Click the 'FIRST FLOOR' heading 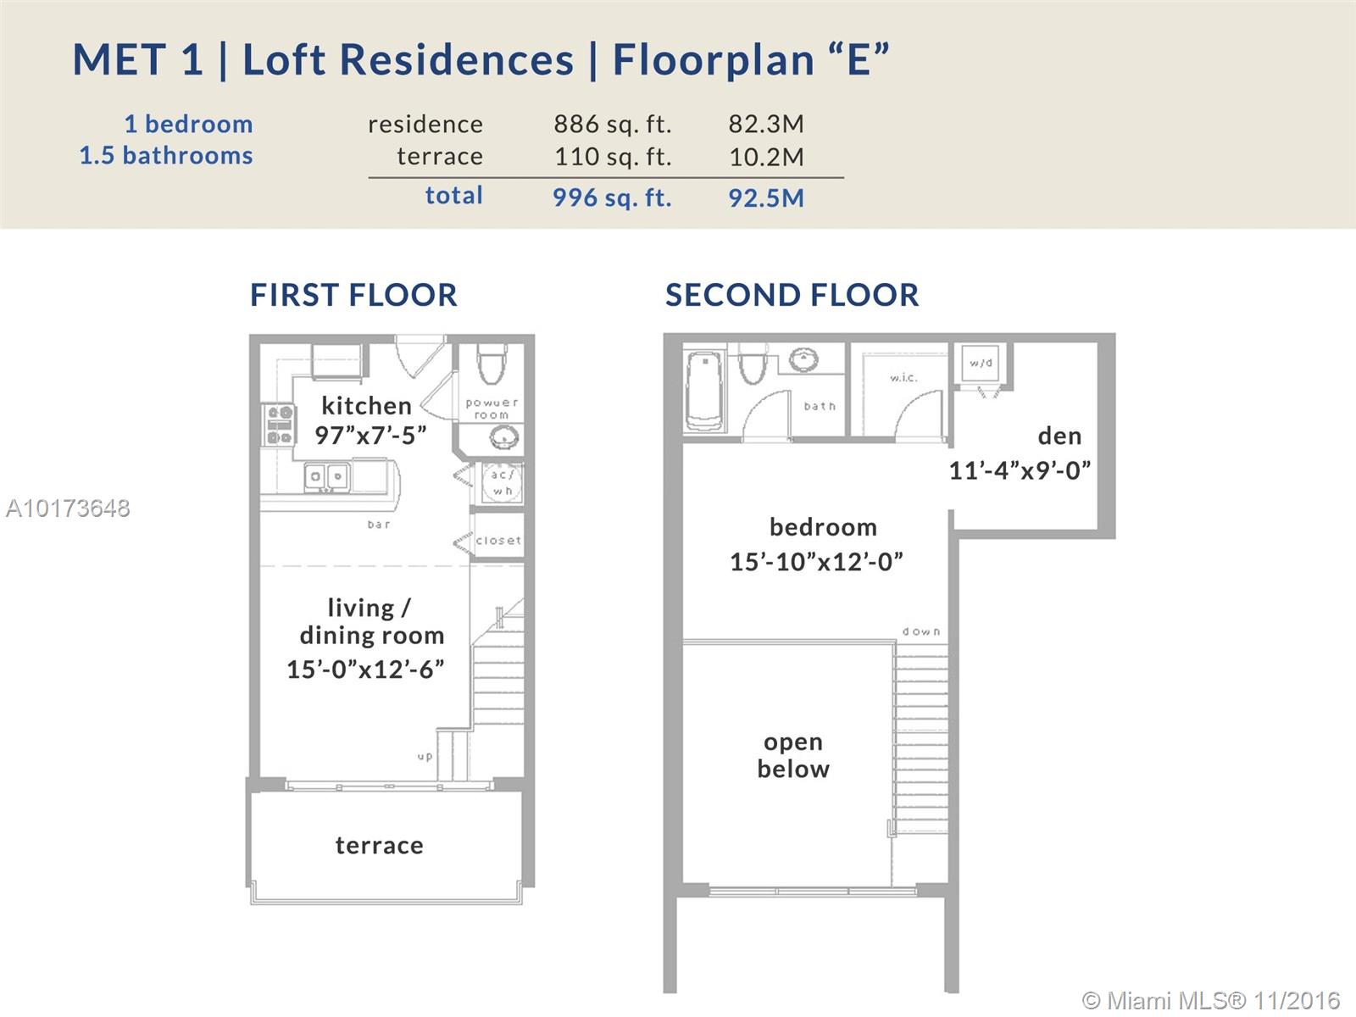click(353, 295)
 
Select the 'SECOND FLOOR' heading click(792, 295)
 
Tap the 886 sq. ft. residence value click(612, 125)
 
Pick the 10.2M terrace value click(767, 157)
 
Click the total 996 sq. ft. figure click(612, 197)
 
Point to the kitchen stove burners click(279, 425)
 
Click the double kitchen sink click(326, 477)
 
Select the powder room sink click(504, 438)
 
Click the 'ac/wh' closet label click(502, 482)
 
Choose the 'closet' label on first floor click(498, 541)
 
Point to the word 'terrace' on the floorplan click(380, 845)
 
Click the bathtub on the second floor click(703, 390)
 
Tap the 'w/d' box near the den click(981, 364)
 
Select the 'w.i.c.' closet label click(903, 377)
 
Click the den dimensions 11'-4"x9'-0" click(1020, 470)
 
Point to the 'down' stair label click(921, 631)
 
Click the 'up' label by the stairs click(425, 757)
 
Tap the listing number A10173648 click(68, 508)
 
